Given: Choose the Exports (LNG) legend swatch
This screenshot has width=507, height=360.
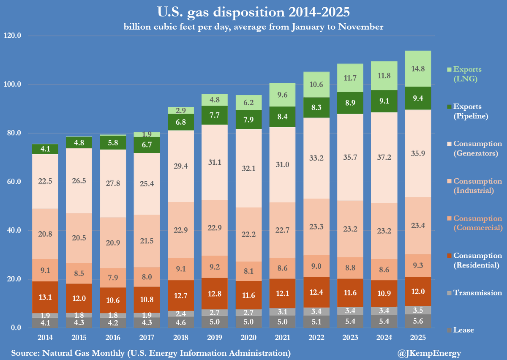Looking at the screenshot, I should [x=450, y=69].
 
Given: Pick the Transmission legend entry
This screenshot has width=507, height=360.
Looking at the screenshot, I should [x=477, y=293].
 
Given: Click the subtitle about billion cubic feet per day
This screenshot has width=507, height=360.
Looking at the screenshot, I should [x=253, y=27].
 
